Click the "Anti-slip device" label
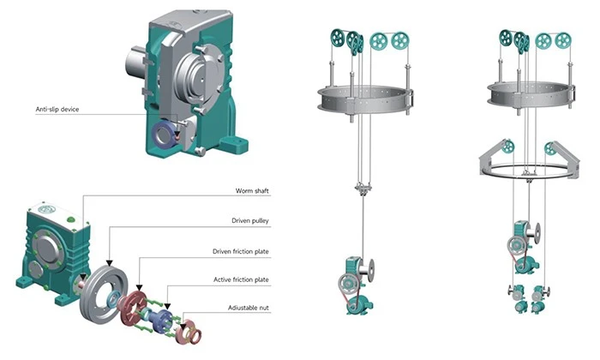pos(57,109)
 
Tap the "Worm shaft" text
pos(252,190)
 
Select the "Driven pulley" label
pos(250,220)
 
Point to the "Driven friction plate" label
pos(241,251)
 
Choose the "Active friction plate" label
pos(241,279)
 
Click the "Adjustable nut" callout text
pos(249,308)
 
